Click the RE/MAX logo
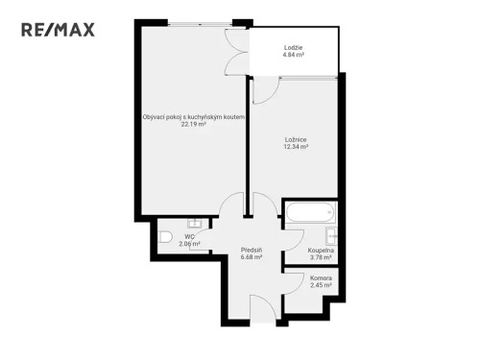tap(59, 30)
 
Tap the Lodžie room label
tap(294, 48)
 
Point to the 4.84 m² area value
tap(294, 56)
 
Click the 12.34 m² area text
tap(295, 147)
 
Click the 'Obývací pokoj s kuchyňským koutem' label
tap(193, 116)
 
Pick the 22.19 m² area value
tap(193, 124)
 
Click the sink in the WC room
tap(194, 223)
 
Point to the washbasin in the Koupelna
tap(331, 236)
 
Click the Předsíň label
tap(252, 250)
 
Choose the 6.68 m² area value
tap(252, 257)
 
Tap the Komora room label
tap(320, 277)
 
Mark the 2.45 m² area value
tap(320, 285)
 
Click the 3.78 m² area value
tap(320, 257)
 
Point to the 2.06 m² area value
tap(189, 244)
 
